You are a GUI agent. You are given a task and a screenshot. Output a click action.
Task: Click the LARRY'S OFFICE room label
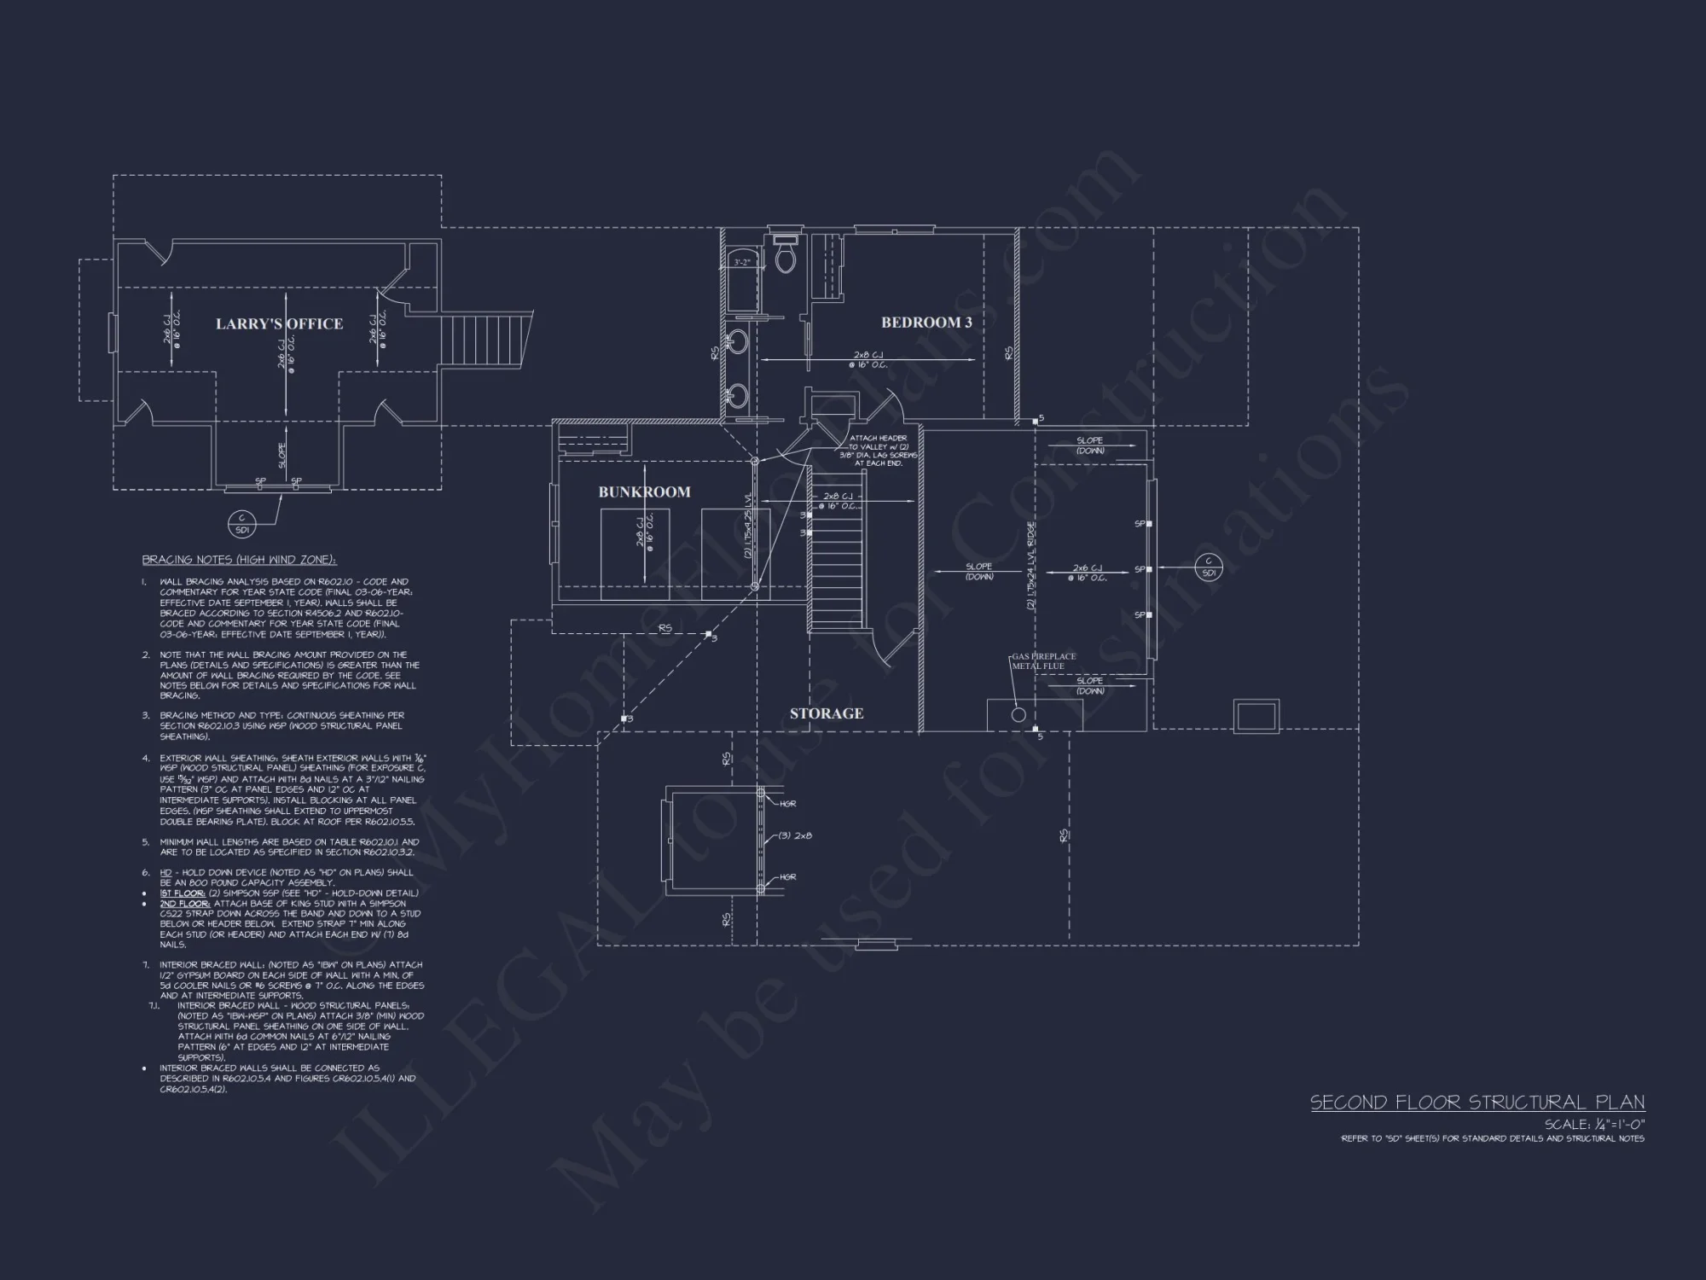(x=279, y=324)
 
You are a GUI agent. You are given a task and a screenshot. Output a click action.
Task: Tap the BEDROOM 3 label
(x=926, y=323)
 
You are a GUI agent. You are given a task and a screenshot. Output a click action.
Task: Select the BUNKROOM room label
(x=644, y=492)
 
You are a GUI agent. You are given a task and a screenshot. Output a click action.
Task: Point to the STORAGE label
(x=826, y=713)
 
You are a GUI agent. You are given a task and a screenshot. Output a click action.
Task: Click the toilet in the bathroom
(x=785, y=257)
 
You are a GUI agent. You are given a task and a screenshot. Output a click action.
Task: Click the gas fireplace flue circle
(x=1018, y=715)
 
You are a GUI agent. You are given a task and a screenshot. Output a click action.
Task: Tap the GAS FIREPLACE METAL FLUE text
(x=1044, y=661)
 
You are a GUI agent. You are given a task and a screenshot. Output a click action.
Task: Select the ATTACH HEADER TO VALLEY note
(x=878, y=451)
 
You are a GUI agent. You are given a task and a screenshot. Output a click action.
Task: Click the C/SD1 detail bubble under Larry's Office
(x=241, y=524)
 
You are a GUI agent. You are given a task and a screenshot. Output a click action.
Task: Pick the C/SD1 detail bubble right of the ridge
(x=1208, y=567)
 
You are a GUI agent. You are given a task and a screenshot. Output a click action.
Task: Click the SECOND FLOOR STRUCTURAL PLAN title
(x=1477, y=1103)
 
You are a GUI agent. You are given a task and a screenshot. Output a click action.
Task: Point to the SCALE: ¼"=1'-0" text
(x=1594, y=1125)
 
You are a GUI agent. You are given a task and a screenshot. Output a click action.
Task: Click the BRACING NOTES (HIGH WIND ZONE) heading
(x=239, y=560)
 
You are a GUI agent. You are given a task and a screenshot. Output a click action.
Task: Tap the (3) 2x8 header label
(x=795, y=836)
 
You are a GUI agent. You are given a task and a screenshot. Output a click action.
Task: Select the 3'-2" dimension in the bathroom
(x=742, y=263)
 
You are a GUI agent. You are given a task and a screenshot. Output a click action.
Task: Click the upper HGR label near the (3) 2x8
(x=787, y=804)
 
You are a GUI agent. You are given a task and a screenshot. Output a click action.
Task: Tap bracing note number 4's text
(x=290, y=789)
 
